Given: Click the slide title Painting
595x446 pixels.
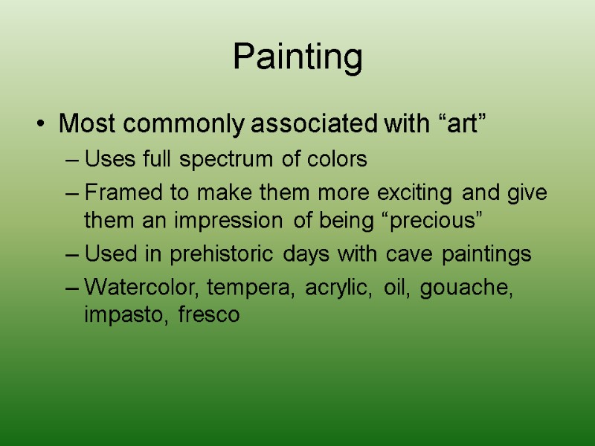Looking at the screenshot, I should click(x=297, y=57).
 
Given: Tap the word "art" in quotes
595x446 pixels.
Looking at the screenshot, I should click(x=463, y=123).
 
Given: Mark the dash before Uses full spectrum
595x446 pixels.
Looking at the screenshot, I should click(x=72, y=160).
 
